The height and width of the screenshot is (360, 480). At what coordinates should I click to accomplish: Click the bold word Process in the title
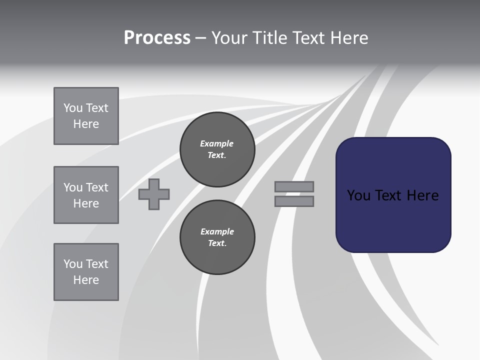pyautogui.click(x=157, y=38)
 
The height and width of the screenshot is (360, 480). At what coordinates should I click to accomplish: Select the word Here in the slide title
pyautogui.click(x=348, y=38)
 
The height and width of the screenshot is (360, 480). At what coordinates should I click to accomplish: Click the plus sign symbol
pyautogui.click(x=154, y=194)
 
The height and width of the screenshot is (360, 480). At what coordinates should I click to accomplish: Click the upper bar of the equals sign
pyautogui.click(x=294, y=187)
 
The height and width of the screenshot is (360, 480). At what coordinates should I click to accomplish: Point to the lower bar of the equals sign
pyautogui.click(x=294, y=201)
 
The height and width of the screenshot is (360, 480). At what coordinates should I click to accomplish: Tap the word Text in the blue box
pyautogui.click(x=388, y=195)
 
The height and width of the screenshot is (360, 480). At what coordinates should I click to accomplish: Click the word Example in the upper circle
pyautogui.click(x=216, y=143)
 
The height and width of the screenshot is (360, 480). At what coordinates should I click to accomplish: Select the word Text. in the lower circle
pyautogui.click(x=217, y=243)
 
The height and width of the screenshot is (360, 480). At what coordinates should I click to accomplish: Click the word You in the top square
pyautogui.click(x=72, y=108)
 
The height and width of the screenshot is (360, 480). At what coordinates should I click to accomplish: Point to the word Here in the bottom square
pyautogui.click(x=86, y=280)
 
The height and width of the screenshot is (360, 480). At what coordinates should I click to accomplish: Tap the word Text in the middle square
pyautogui.click(x=96, y=187)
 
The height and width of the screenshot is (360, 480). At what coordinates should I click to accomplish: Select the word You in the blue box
pyautogui.click(x=358, y=195)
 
